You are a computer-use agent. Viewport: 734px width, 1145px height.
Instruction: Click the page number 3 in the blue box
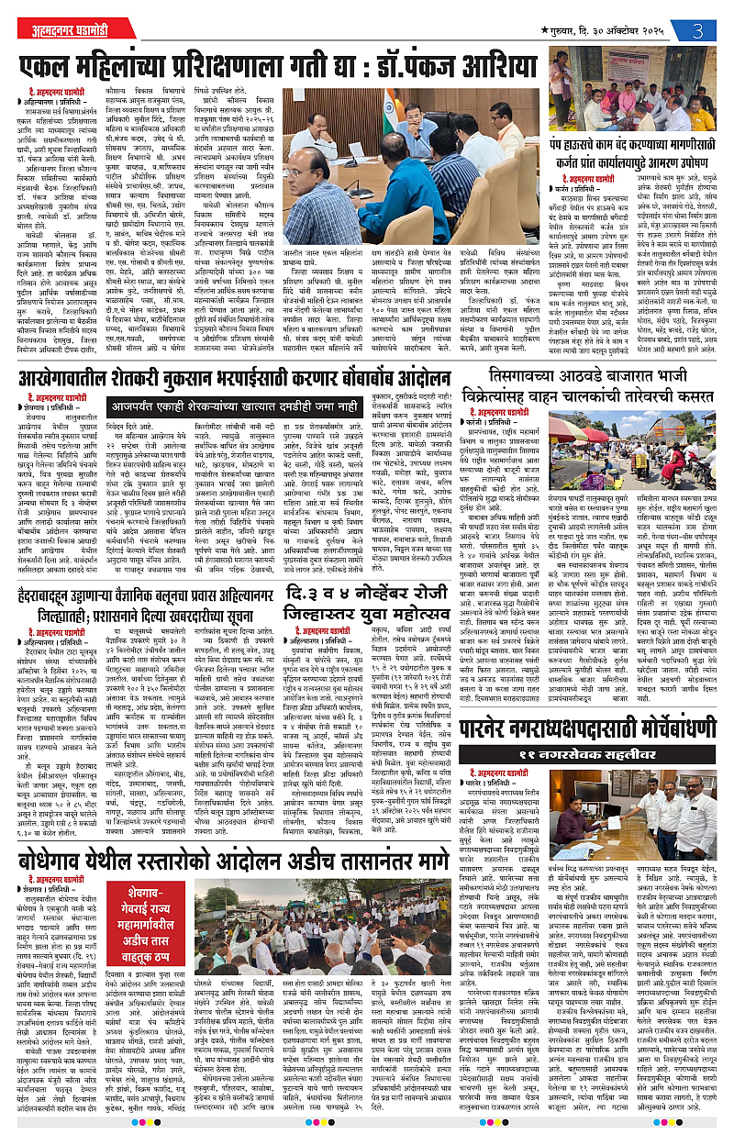click(698, 28)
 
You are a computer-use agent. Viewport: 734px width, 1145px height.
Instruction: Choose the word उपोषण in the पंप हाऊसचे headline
click(689, 163)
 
